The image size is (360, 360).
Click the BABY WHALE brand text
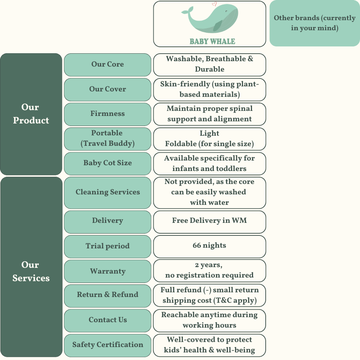pos(212,41)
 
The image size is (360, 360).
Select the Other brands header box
pos(314,23)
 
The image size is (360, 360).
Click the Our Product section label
pos(31,114)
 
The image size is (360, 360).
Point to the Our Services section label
pos(31,271)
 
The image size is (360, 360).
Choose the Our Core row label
pos(107,64)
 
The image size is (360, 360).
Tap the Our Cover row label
pos(107,89)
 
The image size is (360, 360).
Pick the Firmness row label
pos(107,114)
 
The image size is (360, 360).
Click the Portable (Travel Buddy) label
pos(107,138)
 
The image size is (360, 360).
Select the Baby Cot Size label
pos(107,163)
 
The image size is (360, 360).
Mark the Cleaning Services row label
pos(107,192)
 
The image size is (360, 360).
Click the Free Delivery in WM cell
pos(210,221)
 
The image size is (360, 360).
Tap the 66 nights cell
pos(210,246)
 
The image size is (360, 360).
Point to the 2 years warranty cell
pos(210,270)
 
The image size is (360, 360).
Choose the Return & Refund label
pos(107,295)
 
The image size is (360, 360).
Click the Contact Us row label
pos(107,320)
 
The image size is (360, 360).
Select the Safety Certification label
pos(107,345)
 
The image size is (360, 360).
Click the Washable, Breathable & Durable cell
pos(210,64)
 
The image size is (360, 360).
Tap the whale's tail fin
pos(185,13)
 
